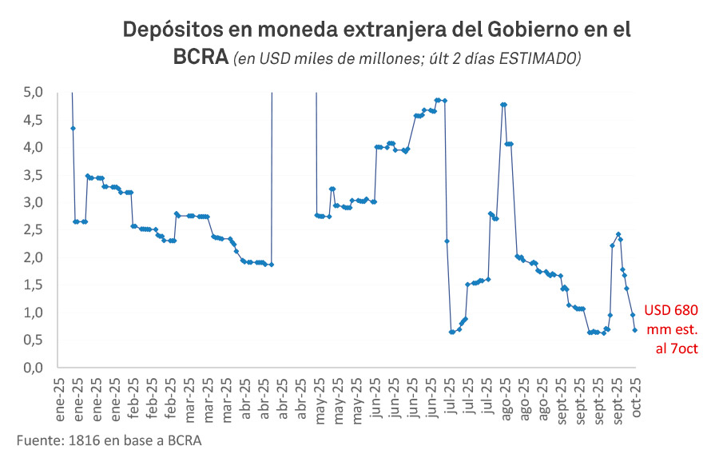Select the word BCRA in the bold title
point(200,58)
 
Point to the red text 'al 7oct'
point(673,347)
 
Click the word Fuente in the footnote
point(38,440)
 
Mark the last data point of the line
point(635,330)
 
